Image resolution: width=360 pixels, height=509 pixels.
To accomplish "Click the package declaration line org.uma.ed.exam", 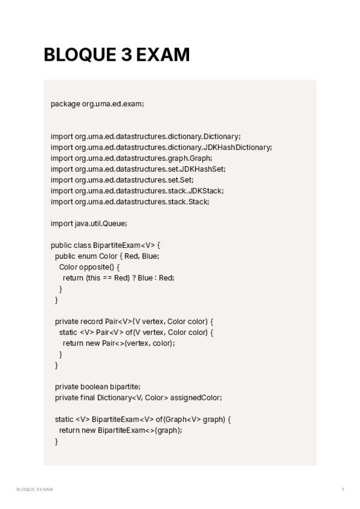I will click(x=97, y=104).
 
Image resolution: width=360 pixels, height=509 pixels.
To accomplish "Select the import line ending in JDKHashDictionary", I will click(x=161, y=147).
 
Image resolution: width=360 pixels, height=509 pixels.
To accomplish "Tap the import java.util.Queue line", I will click(x=89, y=223).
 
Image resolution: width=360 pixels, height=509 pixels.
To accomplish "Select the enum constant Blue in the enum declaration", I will click(x=150, y=256).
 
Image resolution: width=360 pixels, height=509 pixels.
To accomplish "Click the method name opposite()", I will click(x=98, y=267).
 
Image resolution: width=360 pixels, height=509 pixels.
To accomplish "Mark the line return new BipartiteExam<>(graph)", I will click(x=120, y=430).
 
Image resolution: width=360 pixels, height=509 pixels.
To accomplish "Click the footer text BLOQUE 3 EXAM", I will click(x=35, y=490).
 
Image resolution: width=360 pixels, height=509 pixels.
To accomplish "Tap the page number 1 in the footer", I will click(x=343, y=490).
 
